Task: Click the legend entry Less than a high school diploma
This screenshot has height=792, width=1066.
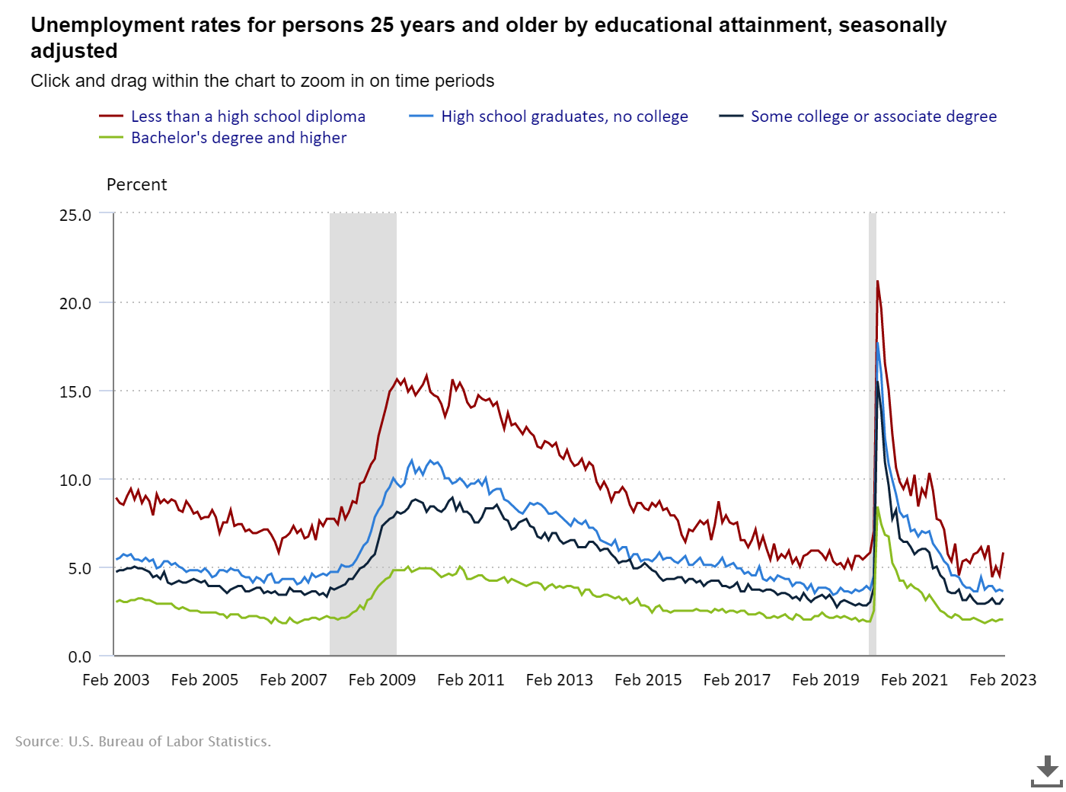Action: click(x=247, y=117)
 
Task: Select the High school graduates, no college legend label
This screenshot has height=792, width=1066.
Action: click(x=564, y=117)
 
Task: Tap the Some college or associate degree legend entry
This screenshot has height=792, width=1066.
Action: click(x=873, y=117)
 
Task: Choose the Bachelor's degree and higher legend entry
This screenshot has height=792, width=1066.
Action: click(x=238, y=138)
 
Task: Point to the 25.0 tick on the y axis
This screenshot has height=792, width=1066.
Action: click(x=75, y=216)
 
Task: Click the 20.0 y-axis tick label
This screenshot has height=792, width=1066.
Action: click(x=75, y=304)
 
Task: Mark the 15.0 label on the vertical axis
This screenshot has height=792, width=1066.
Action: click(x=75, y=392)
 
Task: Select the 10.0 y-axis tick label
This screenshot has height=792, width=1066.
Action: click(x=75, y=481)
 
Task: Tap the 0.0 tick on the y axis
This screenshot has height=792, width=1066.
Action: click(x=79, y=657)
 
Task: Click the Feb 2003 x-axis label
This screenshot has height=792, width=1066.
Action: click(x=116, y=680)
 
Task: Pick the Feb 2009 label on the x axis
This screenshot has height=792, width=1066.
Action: click(x=382, y=680)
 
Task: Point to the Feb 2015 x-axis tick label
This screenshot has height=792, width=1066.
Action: click(x=648, y=680)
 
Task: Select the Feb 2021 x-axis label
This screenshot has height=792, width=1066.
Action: click(x=914, y=680)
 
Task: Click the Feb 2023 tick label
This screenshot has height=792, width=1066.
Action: click(x=1003, y=680)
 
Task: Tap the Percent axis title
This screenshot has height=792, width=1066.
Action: click(x=136, y=185)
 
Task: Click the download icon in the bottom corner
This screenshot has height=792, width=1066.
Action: click(x=1047, y=771)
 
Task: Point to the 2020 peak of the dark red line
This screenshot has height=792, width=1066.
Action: click(x=877, y=282)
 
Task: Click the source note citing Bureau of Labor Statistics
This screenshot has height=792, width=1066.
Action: click(x=143, y=742)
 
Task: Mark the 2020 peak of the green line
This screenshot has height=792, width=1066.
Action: click(x=878, y=508)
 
